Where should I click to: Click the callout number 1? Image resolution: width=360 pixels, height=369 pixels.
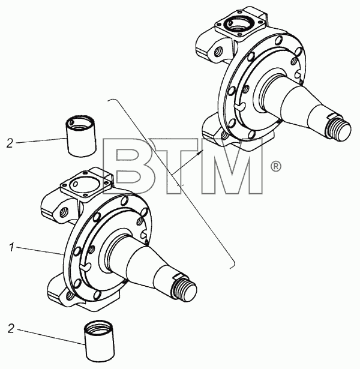[12, 248]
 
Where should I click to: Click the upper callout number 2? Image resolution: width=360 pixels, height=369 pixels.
[10, 143]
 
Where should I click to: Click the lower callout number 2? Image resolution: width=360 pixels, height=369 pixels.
[11, 329]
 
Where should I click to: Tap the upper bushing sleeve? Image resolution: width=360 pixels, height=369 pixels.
[81, 136]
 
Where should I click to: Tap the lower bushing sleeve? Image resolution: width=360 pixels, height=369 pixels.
[99, 341]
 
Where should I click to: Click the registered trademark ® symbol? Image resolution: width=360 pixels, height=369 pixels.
[276, 166]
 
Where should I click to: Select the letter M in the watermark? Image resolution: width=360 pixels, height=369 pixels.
[232, 166]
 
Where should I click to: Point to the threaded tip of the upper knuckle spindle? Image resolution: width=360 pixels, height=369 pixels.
[339, 129]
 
